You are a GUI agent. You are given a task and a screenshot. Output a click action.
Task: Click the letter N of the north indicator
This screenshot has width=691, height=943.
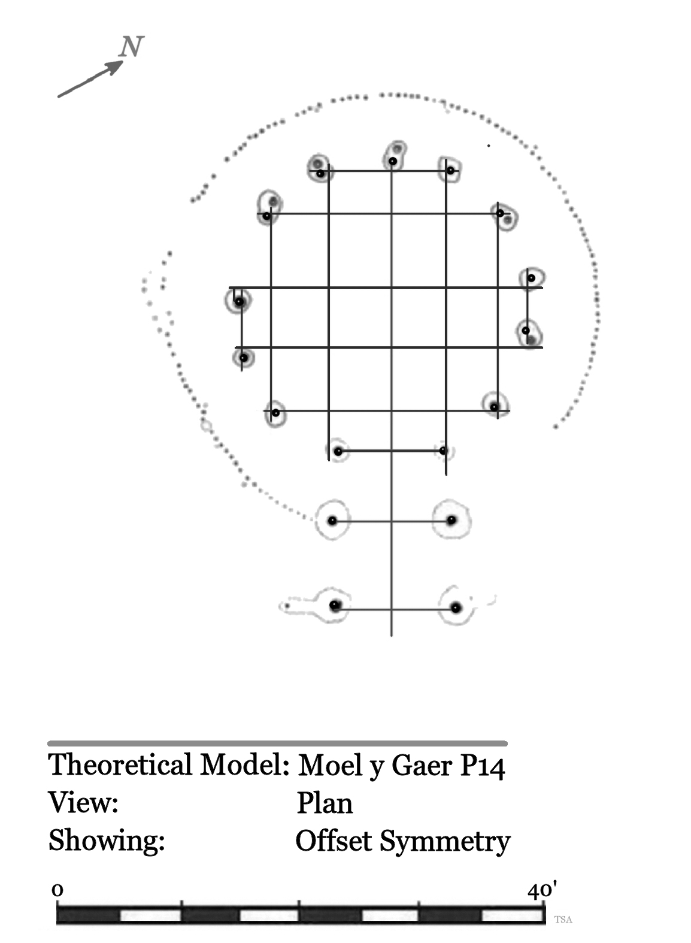(x=131, y=46)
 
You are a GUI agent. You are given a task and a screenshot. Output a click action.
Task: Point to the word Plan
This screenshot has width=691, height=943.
(x=325, y=803)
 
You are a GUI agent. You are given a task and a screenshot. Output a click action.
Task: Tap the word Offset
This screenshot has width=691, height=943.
(x=334, y=841)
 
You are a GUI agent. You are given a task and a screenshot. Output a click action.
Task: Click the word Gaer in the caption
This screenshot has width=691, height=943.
(x=422, y=765)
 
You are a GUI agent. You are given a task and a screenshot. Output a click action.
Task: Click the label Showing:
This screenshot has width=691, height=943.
(x=107, y=841)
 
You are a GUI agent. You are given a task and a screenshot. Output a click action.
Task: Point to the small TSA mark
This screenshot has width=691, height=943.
(x=563, y=920)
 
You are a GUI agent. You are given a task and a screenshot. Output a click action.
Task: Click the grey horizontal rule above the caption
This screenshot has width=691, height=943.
(x=278, y=743)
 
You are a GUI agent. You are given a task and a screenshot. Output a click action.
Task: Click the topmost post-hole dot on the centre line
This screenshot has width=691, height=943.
(x=393, y=161)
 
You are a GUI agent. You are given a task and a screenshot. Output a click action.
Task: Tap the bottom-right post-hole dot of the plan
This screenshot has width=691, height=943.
(x=456, y=608)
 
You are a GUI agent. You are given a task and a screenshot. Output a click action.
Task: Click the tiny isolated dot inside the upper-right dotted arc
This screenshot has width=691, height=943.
(x=489, y=146)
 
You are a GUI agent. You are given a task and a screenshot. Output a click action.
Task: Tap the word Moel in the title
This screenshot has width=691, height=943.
(x=329, y=765)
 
